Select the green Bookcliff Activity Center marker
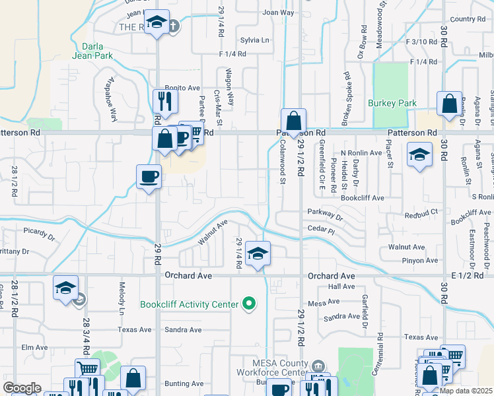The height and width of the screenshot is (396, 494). (249, 304)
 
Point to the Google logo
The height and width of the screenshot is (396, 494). (22, 388)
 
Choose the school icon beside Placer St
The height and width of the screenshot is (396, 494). (419, 156)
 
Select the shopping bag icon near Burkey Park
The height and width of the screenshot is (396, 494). (449, 104)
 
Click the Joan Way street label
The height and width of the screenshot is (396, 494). (278, 13)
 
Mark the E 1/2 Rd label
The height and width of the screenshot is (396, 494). (469, 275)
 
